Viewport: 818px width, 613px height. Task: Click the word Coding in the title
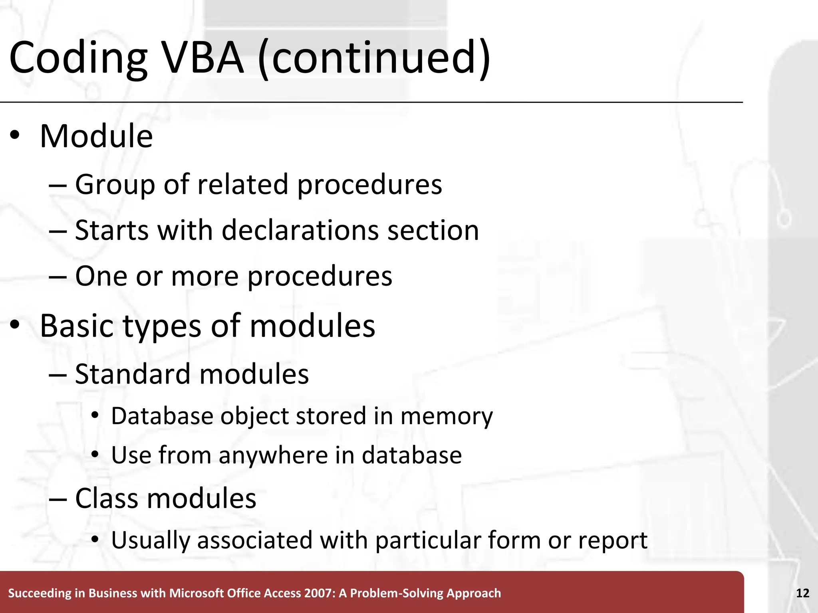[x=78, y=59]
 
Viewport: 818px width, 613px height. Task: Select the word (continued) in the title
[x=374, y=59]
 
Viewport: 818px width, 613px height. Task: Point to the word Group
[x=115, y=185]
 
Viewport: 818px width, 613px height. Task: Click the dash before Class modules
[x=58, y=499]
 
